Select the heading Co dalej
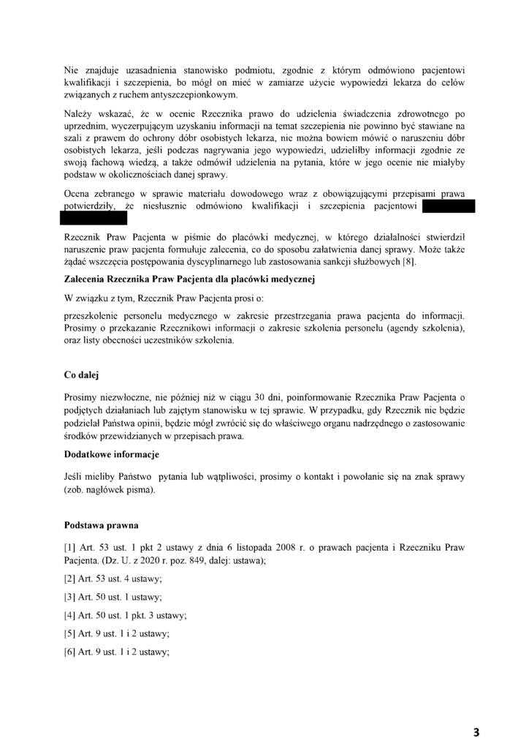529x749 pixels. click(x=82, y=374)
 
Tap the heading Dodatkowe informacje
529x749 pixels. click(x=112, y=454)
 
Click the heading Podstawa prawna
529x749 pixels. click(x=97, y=525)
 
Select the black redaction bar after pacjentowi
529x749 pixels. click(x=449, y=206)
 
